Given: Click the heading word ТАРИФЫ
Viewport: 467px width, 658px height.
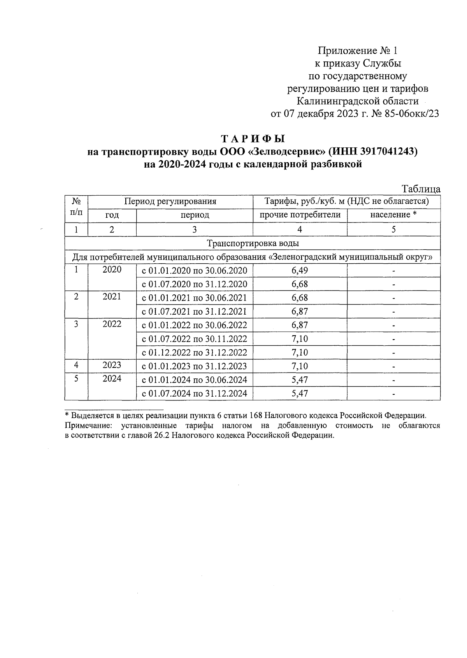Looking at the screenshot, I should (253, 139).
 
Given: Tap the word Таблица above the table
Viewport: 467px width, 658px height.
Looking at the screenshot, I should (421, 189).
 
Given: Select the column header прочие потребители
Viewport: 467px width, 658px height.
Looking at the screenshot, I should (300, 215).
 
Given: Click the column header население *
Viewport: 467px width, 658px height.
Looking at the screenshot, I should (393, 215).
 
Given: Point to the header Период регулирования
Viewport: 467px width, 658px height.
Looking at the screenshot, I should (170, 201).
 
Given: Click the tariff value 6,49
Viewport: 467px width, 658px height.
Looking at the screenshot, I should (300, 271).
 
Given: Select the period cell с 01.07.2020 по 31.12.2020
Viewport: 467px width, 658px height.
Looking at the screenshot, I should (194, 284).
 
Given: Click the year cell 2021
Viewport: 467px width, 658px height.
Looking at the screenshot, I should (112, 297).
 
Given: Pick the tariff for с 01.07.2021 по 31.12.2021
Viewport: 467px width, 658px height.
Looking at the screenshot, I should (300, 311).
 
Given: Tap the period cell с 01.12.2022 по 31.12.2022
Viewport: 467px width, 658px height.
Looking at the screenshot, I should (194, 353).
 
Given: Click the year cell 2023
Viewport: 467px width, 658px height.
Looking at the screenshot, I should (112, 365).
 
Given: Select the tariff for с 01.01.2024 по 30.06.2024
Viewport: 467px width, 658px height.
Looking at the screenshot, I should (300, 380).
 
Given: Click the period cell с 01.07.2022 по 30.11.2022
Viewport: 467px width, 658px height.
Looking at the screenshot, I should (194, 339).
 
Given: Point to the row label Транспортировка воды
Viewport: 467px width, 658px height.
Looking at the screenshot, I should (253, 243).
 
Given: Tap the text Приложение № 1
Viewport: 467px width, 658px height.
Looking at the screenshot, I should (358, 51).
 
